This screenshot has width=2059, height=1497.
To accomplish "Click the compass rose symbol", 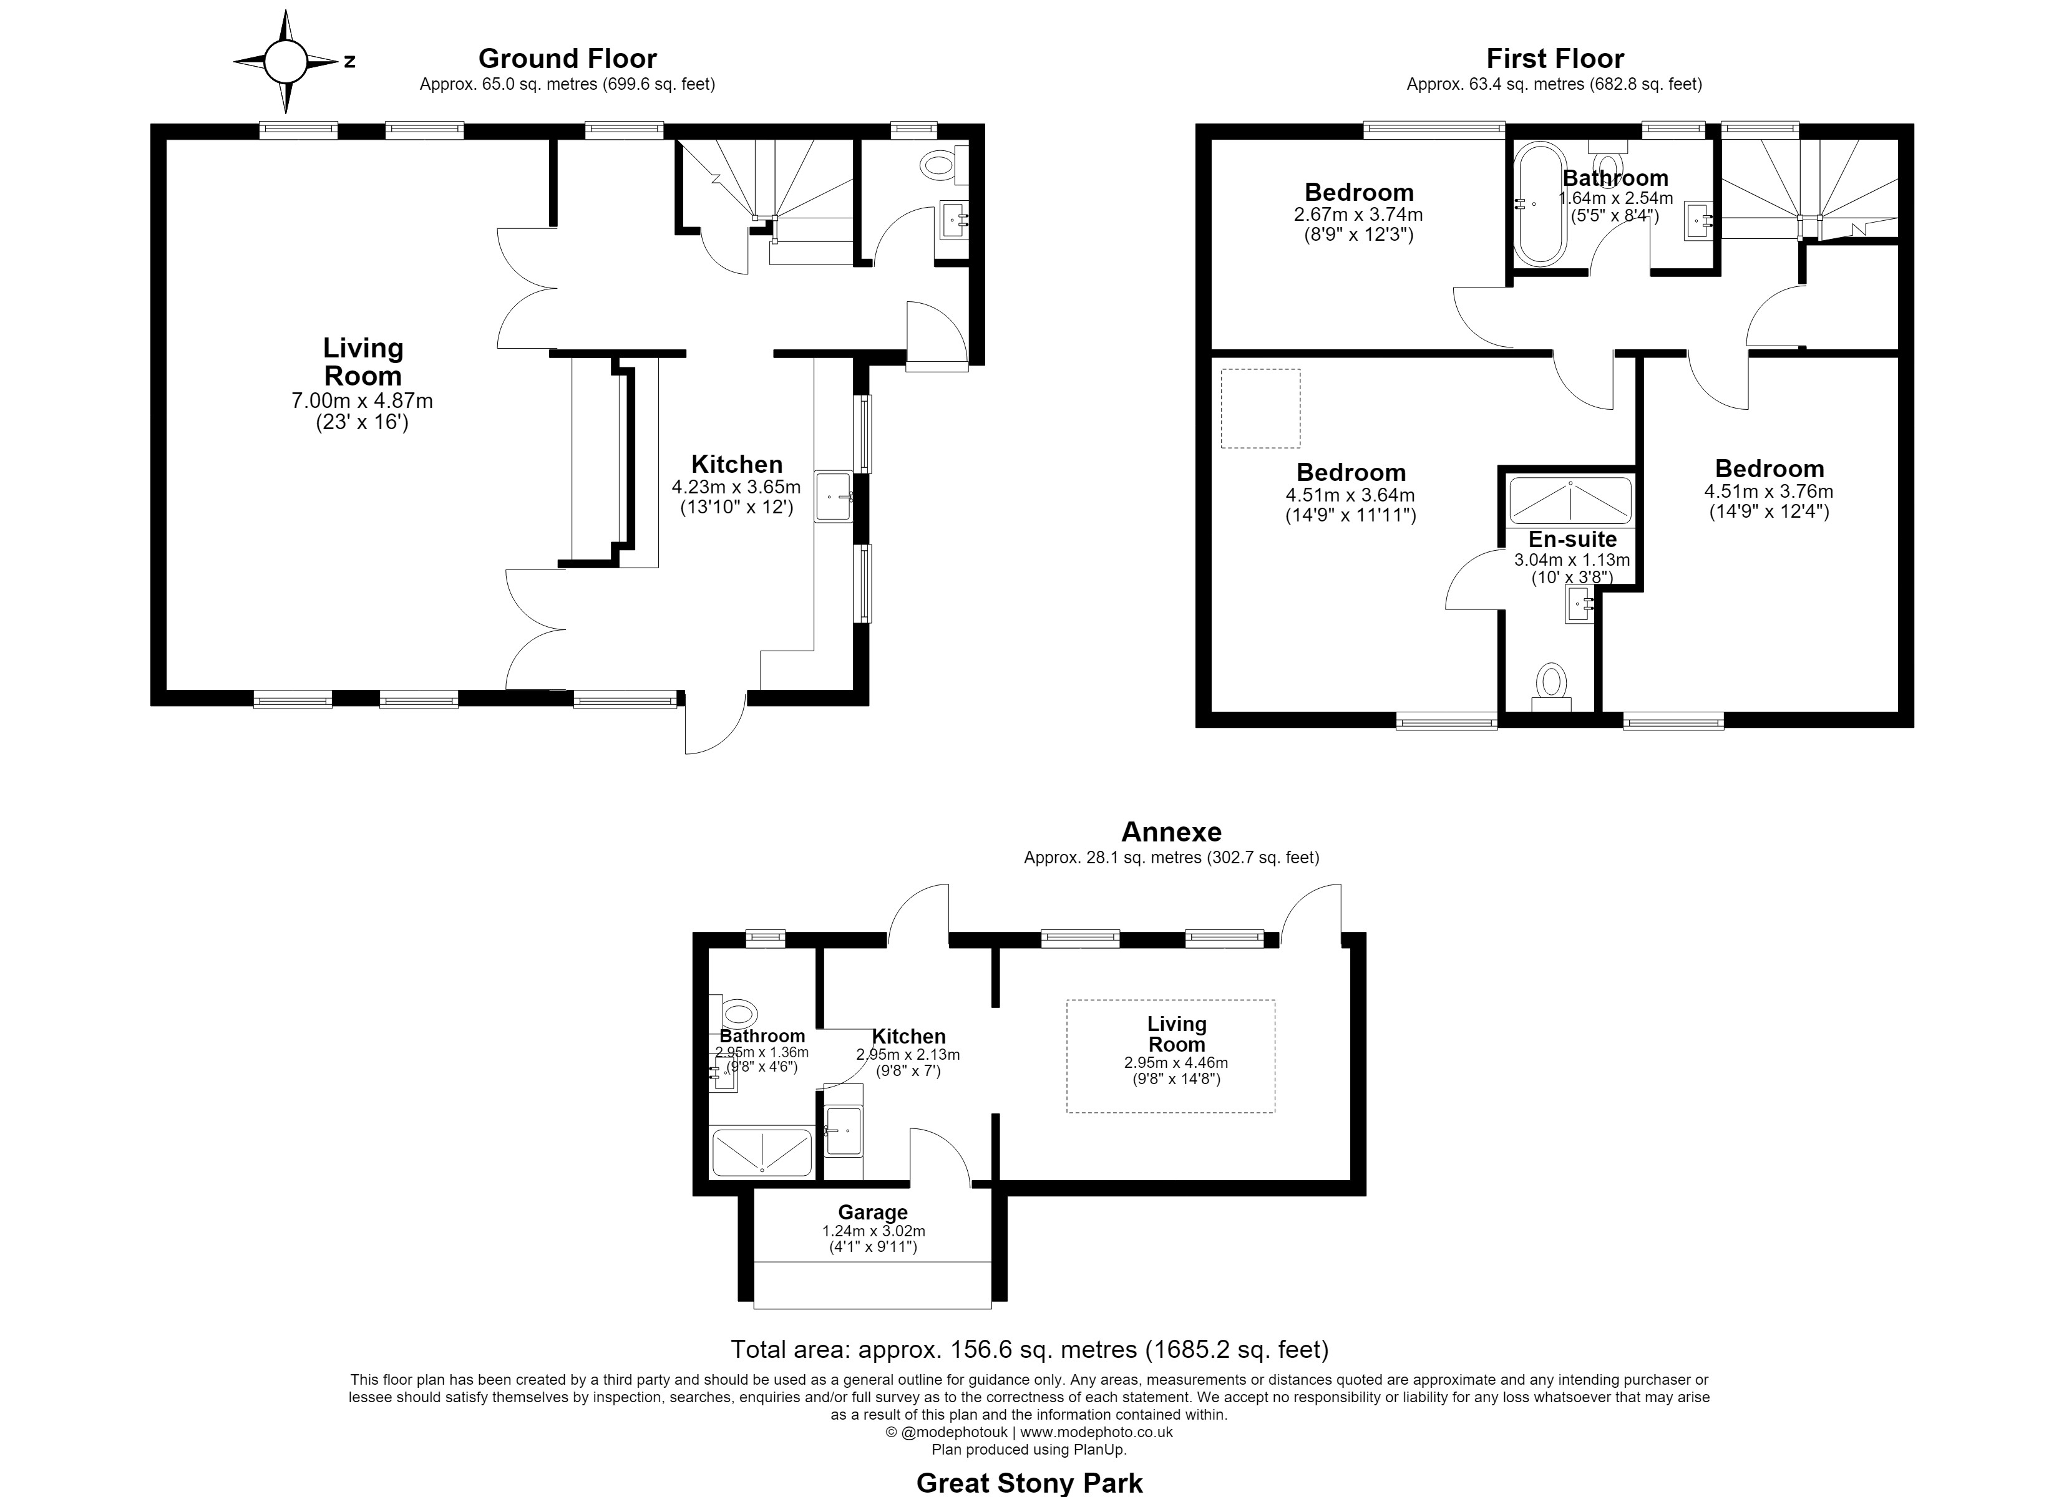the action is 285,62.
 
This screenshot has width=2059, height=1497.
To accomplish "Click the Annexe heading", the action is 1171,831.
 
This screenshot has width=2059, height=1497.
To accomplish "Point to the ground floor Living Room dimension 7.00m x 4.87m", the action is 363,400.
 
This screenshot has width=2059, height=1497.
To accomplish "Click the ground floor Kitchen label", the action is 737,464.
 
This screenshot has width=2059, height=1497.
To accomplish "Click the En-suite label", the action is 1572,540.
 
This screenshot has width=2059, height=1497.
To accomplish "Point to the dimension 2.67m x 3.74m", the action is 1358,215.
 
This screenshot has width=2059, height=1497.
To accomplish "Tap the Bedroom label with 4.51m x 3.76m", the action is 1769,469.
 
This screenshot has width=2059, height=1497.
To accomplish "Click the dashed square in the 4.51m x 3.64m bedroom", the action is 1260,409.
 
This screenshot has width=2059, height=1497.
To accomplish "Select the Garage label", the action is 872,1213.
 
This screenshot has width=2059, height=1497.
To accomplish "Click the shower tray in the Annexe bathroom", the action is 762,1152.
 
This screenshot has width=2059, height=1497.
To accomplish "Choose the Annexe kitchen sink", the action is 844,1130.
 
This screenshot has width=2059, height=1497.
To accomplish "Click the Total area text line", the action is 1029,1350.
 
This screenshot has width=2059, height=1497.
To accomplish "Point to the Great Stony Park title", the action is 1029,1483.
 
